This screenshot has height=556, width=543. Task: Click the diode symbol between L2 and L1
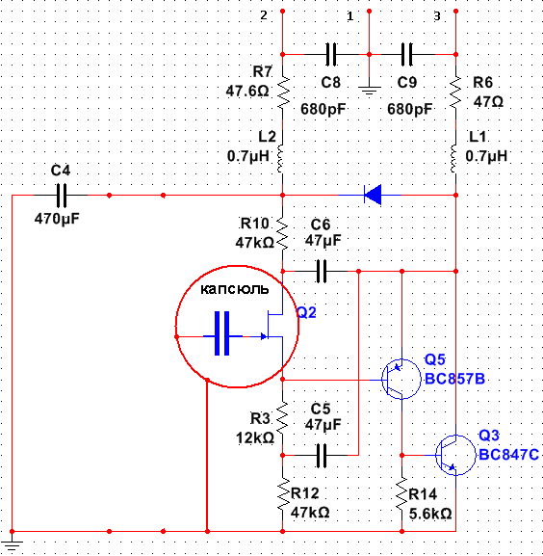(373, 195)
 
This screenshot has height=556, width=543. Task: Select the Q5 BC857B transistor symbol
(401, 379)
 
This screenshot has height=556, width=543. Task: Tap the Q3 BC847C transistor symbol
(455, 455)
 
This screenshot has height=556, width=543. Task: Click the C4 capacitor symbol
(62, 195)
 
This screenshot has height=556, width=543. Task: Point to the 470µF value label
(57, 219)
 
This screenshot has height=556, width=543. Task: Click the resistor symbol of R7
(283, 93)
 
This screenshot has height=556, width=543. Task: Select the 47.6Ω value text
(247, 92)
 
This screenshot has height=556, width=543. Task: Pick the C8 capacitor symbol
(331, 55)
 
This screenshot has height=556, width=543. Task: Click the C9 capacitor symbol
(406, 55)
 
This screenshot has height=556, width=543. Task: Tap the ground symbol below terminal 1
(369, 91)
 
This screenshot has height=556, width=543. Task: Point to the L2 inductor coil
(280, 158)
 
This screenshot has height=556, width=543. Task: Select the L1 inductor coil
(453, 158)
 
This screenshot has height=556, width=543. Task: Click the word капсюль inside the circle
(235, 289)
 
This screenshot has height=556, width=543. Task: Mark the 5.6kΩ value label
(430, 514)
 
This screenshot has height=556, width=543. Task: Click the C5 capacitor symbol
(322, 455)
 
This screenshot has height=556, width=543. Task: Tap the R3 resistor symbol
(282, 417)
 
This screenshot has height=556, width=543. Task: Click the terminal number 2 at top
(264, 15)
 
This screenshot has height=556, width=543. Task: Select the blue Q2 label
(307, 312)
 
